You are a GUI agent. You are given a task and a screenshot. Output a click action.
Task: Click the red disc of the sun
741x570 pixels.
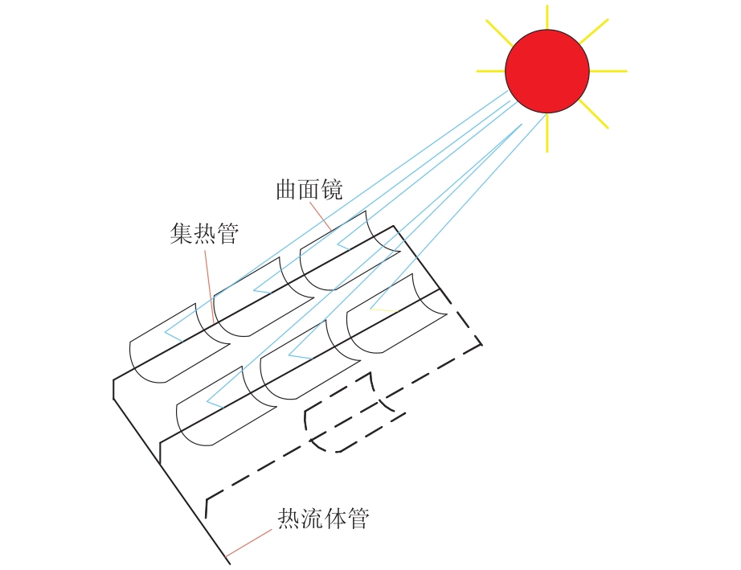547,71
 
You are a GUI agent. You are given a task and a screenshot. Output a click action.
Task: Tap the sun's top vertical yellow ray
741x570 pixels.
547,17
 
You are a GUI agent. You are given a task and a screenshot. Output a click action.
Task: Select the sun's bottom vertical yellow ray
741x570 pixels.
547,133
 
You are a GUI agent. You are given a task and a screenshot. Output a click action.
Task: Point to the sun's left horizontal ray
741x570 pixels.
490,72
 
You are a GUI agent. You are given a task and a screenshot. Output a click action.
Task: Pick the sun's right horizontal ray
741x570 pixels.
608,72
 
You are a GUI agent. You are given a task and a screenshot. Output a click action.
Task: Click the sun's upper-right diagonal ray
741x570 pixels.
594,31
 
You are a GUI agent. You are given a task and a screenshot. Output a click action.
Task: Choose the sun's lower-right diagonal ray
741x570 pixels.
594,113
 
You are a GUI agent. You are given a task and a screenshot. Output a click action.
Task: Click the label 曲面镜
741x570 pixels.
309,190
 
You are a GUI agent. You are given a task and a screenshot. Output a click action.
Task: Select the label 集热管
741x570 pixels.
204,233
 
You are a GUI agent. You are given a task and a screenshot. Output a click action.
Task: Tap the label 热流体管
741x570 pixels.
323,519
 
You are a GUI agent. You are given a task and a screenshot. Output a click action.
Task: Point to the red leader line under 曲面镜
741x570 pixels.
320,216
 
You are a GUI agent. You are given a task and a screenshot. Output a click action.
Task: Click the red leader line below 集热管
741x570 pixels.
209,286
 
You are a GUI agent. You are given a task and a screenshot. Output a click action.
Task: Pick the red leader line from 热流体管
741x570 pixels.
249,543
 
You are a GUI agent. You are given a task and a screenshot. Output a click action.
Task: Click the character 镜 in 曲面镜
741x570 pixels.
332,190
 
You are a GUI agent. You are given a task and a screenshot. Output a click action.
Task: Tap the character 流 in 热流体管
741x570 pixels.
312,519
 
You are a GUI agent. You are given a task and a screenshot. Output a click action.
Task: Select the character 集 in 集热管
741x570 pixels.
182,233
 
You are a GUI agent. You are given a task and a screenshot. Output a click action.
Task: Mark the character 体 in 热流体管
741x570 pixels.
335,519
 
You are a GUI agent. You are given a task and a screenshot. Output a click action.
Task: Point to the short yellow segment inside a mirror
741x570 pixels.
383,310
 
